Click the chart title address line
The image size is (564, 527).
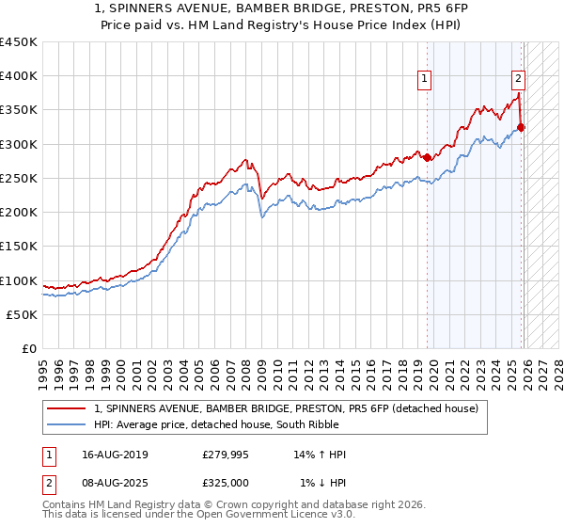[281, 10]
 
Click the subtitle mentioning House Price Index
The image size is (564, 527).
[281, 25]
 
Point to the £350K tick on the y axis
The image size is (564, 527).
[19, 110]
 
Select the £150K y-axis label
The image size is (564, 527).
[19, 247]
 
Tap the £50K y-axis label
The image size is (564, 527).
[23, 314]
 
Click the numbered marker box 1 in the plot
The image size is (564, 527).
[426, 80]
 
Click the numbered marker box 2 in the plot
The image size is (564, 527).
[518, 80]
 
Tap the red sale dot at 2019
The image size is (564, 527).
[428, 157]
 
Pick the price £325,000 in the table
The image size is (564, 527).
[225, 483]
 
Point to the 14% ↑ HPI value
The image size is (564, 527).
[320, 455]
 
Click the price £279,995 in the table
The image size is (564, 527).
[225, 455]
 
